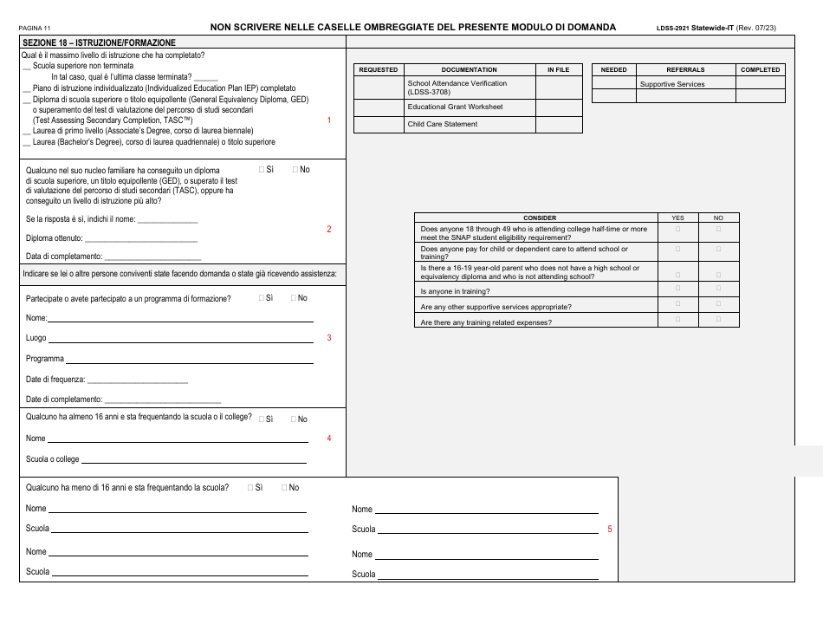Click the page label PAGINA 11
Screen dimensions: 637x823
pos(35,29)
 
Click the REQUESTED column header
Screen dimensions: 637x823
pos(379,69)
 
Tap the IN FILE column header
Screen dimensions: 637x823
pos(559,69)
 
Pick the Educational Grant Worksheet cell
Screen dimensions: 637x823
pos(455,107)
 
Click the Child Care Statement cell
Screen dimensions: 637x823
pos(443,124)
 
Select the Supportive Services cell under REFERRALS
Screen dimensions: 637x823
pos(672,84)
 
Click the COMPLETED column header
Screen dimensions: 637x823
pos(760,69)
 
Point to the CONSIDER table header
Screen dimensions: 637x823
pos(540,218)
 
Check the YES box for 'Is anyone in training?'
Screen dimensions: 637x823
pos(677,289)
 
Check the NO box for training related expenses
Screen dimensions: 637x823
pos(718,320)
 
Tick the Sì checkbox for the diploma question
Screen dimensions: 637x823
pos(262,170)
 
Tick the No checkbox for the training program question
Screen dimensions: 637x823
pos(295,297)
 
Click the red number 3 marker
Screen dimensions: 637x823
pos(329,338)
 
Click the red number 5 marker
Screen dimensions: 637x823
pos(610,529)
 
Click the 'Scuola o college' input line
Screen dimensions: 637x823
pos(194,461)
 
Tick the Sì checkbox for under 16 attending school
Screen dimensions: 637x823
pos(250,487)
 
